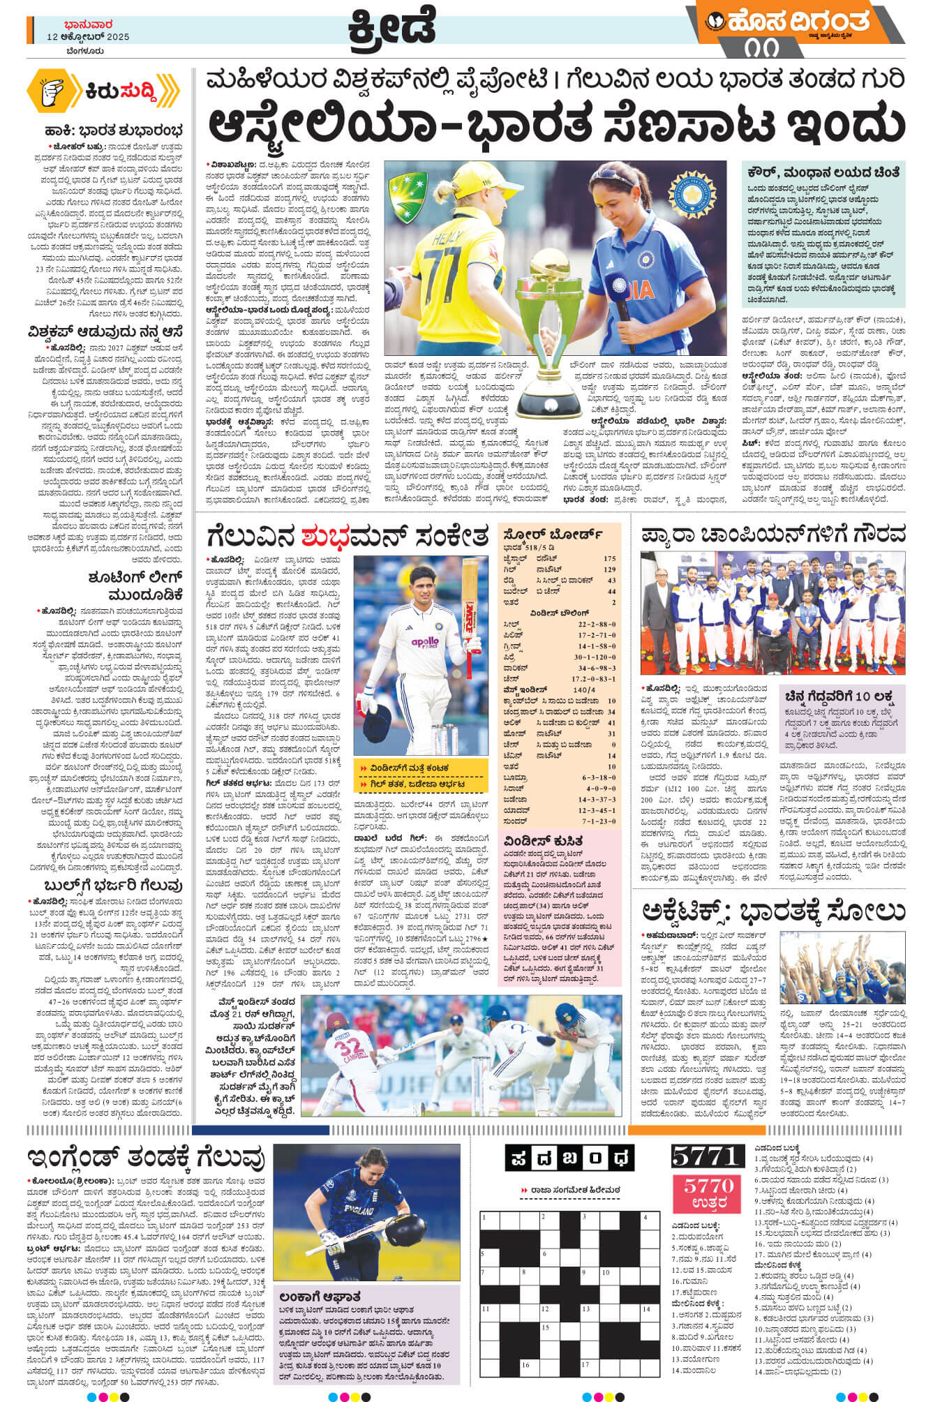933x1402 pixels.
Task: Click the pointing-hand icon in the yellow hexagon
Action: (54, 90)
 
